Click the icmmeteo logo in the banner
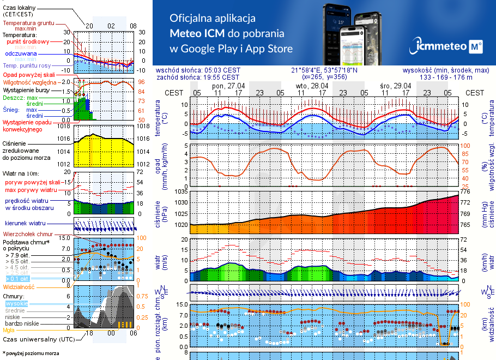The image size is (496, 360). [449, 46]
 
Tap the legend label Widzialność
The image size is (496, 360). [19, 286]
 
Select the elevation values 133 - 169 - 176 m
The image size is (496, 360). [446, 77]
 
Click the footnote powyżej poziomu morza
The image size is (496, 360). [33, 353]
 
